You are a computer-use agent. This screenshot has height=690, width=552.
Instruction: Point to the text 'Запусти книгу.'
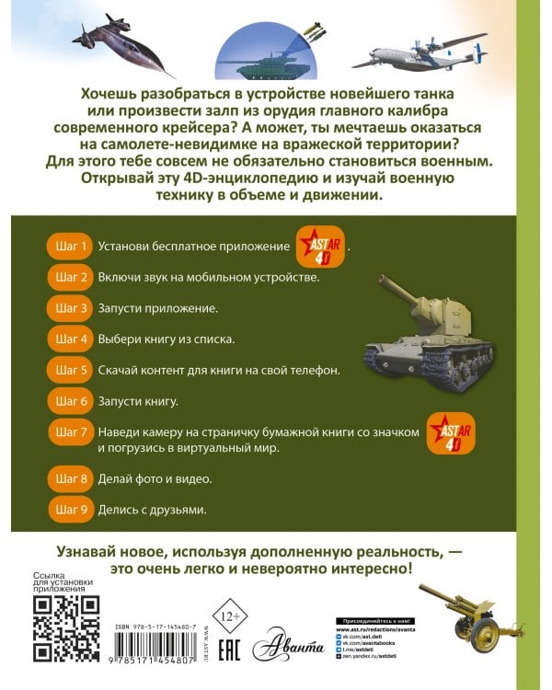pos(136,401)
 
